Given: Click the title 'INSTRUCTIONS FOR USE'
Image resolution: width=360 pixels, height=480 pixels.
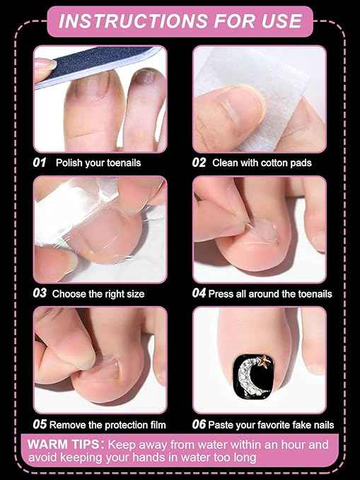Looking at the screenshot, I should (x=179, y=21).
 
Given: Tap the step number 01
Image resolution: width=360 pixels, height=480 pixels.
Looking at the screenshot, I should (x=40, y=163).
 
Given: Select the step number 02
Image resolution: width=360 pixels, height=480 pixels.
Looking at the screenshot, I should (x=199, y=163).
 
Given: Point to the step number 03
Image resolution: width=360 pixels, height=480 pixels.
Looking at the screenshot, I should (x=40, y=293).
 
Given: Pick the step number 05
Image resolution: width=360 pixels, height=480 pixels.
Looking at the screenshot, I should (x=40, y=424).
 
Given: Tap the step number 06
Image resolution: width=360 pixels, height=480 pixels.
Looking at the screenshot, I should (x=199, y=425).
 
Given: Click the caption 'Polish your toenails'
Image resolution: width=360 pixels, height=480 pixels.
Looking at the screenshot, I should (x=98, y=163).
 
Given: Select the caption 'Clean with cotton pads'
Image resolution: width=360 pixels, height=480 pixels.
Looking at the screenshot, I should (x=262, y=163).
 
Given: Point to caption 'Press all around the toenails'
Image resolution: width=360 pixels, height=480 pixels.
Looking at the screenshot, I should (x=271, y=293).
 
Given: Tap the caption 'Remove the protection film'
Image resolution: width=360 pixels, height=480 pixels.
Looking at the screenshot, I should (x=109, y=425).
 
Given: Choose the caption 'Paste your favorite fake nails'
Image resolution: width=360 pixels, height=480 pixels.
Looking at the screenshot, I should (x=272, y=425).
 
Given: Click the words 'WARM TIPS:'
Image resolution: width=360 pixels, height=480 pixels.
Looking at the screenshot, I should (x=66, y=445).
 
